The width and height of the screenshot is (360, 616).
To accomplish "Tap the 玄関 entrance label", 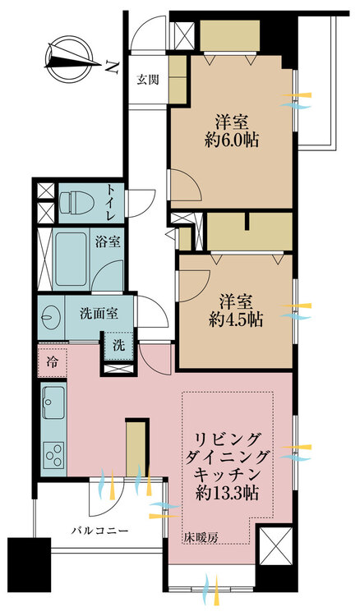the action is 148,80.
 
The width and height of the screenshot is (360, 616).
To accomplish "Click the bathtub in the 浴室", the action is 71,260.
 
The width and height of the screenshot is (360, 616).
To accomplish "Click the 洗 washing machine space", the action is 119,345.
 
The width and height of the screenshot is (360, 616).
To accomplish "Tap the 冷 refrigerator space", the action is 52,362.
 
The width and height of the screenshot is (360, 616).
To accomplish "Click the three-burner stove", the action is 54,455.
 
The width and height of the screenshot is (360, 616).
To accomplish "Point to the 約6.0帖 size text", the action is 232,140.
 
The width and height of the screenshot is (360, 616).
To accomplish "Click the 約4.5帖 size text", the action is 236,320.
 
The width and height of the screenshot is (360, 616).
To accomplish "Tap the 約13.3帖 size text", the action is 227,493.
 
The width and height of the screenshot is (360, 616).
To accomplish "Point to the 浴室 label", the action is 108,242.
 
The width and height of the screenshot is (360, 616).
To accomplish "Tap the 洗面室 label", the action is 99,314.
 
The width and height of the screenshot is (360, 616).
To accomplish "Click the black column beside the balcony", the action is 30,564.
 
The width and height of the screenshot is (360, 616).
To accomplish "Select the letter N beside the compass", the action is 113,68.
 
